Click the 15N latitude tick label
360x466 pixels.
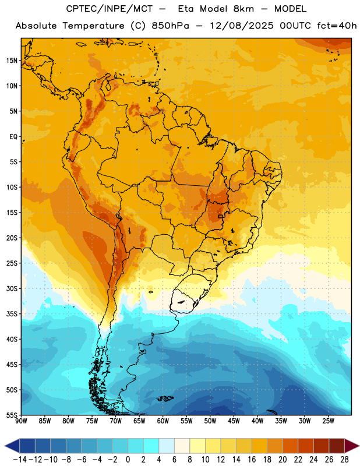pos(12,61)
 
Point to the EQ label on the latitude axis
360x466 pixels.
pos(13,137)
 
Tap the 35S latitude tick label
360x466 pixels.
pos(12,314)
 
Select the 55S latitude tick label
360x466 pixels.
pos(12,415)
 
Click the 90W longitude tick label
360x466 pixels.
pos(21,421)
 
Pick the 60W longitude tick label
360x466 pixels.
pos(163,421)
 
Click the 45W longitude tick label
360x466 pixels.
pos(234,421)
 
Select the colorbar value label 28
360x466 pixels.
pos(344,460)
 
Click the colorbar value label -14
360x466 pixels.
pos(20,460)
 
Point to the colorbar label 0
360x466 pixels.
pos(128,460)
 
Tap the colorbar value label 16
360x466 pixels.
pos(252,460)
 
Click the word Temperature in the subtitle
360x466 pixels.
pos(93,26)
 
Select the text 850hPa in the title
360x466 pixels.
pos(170,26)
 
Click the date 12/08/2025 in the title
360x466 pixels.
pos(241,26)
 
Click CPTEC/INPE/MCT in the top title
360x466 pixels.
pos(109,9)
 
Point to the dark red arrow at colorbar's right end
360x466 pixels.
pos(352,446)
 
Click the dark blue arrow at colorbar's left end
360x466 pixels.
pos(12,446)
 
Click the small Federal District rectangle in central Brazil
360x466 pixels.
pos(221,216)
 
